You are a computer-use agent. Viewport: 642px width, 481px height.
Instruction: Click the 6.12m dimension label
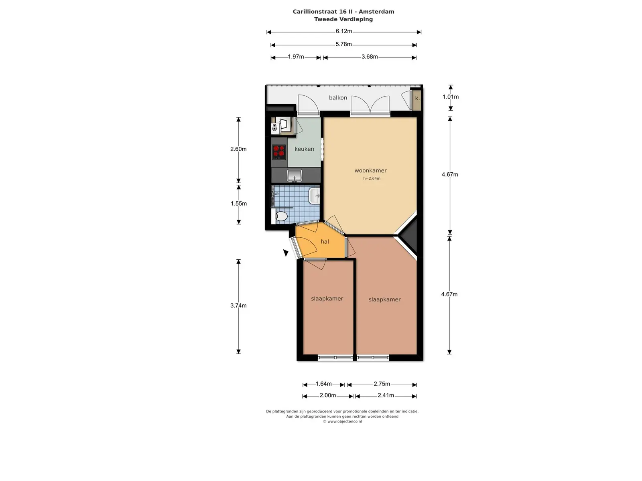tap(343, 31)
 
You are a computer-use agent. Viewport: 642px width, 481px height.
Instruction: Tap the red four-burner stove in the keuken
tap(279, 152)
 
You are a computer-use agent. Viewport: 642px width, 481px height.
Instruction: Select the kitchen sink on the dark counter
tap(295, 175)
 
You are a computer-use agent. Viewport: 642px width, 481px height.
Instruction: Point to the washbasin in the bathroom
tap(314, 196)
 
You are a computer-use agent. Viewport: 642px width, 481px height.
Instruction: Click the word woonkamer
tap(371, 171)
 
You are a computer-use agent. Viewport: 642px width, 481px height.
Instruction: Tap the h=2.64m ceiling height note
tap(372, 178)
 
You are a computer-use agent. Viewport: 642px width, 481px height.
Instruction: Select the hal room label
tap(325, 242)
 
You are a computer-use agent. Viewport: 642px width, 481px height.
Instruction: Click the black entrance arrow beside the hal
tap(286, 253)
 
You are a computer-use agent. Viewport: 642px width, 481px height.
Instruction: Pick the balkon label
tap(338, 97)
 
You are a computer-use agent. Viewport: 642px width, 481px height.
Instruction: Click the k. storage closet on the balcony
tap(417, 99)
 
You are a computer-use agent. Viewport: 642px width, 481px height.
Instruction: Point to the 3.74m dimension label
tap(238, 305)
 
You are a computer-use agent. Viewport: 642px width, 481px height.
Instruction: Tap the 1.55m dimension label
tap(239, 204)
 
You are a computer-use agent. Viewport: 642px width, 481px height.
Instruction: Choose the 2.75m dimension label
tap(382, 384)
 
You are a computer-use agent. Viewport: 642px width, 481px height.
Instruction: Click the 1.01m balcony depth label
tap(451, 97)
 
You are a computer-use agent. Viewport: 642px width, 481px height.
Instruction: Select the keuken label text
tap(304, 149)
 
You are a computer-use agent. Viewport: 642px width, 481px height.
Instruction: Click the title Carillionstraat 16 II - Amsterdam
tap(343, 12)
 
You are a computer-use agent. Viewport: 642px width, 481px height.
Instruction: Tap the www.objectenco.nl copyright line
tap(342, 421)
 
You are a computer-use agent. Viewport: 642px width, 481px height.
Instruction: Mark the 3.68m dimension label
tap(370, 57)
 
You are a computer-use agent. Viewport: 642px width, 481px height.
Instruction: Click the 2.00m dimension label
tap(327, 396)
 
